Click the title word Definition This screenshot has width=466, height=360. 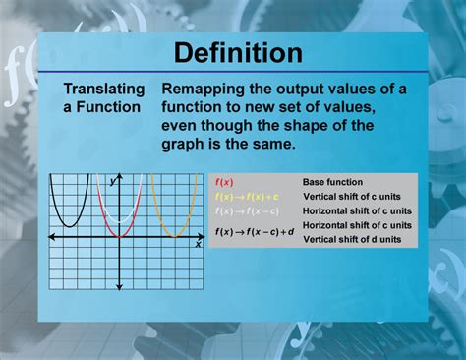tap(233, 53)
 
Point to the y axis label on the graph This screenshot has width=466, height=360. tap(113, 182)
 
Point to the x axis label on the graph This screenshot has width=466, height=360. tap(198, 245)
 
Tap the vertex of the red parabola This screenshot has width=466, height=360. tap(120, 236)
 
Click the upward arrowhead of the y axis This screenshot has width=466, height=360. tap(120, 176)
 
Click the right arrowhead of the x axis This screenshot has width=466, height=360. tap(201, 237)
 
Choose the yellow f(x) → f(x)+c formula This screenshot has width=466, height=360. tap(247, 197)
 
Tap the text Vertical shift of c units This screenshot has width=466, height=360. tap(350, 197)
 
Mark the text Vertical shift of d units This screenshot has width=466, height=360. tap(350, 240)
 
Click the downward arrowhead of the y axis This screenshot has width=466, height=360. tap(120, 289)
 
